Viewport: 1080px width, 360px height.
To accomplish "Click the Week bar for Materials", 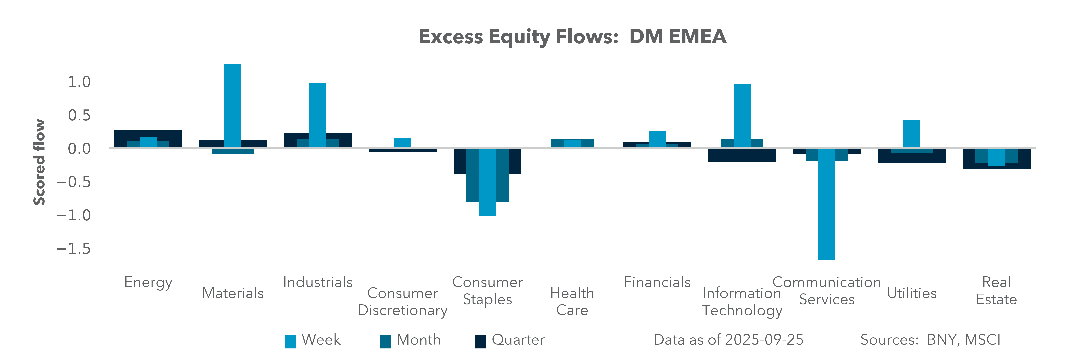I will click(233, 105).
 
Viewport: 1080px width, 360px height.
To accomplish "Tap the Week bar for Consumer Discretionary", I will click(402, 142).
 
